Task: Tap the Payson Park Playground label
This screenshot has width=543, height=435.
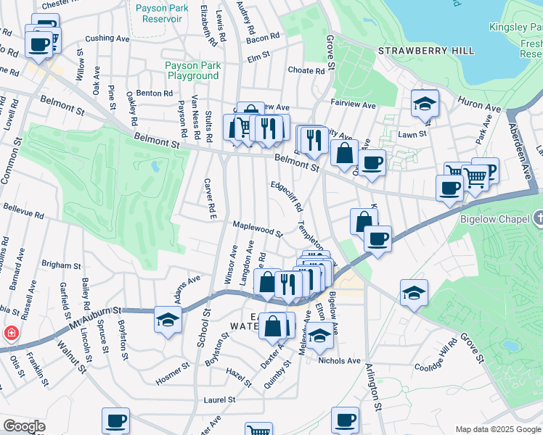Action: coord(192,70)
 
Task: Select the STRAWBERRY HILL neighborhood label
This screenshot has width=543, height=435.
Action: coord(426,51)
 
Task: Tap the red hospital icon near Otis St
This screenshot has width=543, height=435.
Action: coord(12,334)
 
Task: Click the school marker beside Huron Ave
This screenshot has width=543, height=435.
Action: coord(425,103)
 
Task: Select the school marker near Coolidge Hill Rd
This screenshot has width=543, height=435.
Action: coord(414,294)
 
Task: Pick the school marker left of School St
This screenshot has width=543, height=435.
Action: coord(168,320)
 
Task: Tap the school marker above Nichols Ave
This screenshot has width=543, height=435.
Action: coord(319,335)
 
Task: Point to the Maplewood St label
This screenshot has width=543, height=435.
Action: coord(257,228)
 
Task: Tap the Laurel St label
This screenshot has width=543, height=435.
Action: coord(219,399)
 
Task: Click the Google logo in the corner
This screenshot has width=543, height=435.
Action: coord(24,426)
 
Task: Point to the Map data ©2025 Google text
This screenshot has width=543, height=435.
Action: coord(497,429)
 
